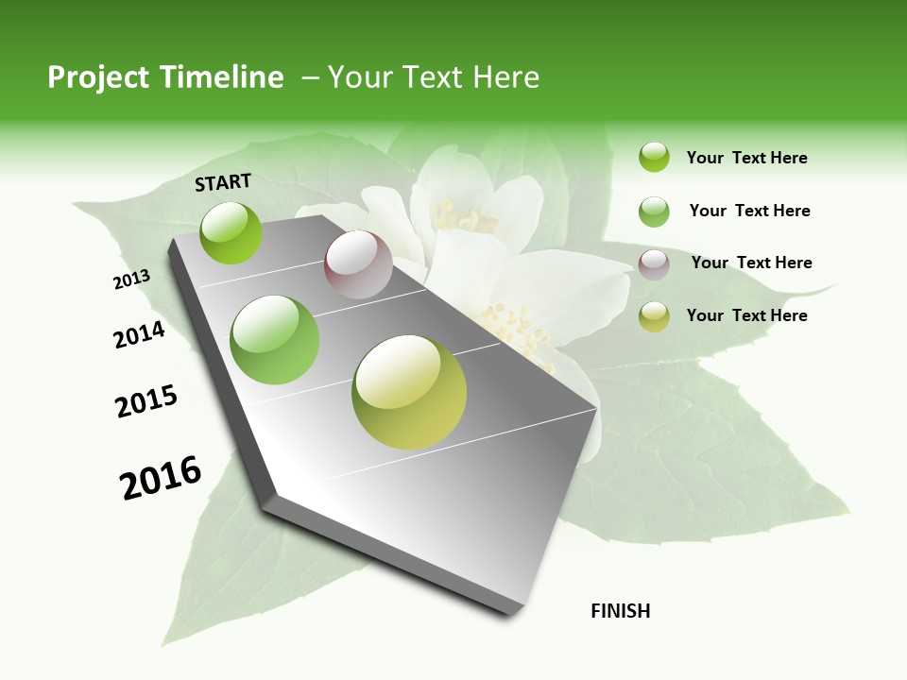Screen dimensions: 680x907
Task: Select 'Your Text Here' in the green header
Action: coord(434,77)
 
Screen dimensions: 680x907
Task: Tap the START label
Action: coord(223,182)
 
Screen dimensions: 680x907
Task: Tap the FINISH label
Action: coord(621,611)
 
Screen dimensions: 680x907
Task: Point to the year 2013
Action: coord(131,280)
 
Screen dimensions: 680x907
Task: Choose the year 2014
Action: coord(140,334)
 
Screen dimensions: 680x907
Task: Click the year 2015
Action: coord(146,401)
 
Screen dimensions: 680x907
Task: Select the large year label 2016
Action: coord(161,478)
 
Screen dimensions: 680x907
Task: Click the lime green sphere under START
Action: coord(231,232)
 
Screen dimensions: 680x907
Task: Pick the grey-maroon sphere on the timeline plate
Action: coord(358,264)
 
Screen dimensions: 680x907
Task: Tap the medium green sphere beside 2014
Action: coord(275,340)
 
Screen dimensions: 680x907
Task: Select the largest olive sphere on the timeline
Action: coord(409,392)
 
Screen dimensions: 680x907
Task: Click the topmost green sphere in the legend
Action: coord(654,158)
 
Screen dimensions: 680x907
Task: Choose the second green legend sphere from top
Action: coord(654,212)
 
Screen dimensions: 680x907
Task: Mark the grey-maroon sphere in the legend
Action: coord(654,264)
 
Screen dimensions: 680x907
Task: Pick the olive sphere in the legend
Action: coord(654,316)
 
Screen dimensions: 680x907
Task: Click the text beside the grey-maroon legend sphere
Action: coord(751,263)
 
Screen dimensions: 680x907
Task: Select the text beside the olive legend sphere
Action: coord(746,315)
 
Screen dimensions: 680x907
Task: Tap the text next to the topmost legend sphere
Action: coord(746,158)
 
